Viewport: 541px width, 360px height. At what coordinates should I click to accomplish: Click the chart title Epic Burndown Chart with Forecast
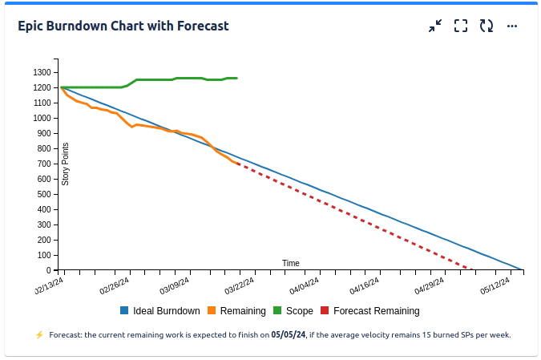click(x=123, y=26)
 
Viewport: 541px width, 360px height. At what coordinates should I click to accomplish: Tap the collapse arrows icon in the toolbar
click(x=435, y=26)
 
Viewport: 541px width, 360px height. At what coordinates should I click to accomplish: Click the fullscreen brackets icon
click(x=461, y=26)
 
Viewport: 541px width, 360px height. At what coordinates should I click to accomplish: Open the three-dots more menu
click(x=512, y=26)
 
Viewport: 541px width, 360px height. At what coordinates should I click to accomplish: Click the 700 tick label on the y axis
click(x=44, y=164)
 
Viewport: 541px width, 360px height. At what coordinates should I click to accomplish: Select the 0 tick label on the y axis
click(x=49, y=270)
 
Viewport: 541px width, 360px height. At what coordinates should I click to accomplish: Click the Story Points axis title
click(x=66, y=164)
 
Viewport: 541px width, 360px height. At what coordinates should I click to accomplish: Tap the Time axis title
click(x=290, y=263)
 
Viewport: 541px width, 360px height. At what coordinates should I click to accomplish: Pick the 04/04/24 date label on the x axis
click(x=304, y=285)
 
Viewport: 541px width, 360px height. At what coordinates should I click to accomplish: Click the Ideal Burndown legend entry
click(x=160, y=311)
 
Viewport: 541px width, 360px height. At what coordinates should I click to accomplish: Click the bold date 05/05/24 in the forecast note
click(x=289, y=334)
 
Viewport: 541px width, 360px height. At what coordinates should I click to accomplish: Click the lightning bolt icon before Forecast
click(x=39, y=334)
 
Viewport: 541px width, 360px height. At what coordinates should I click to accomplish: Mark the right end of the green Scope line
click(x=236, y=78)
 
